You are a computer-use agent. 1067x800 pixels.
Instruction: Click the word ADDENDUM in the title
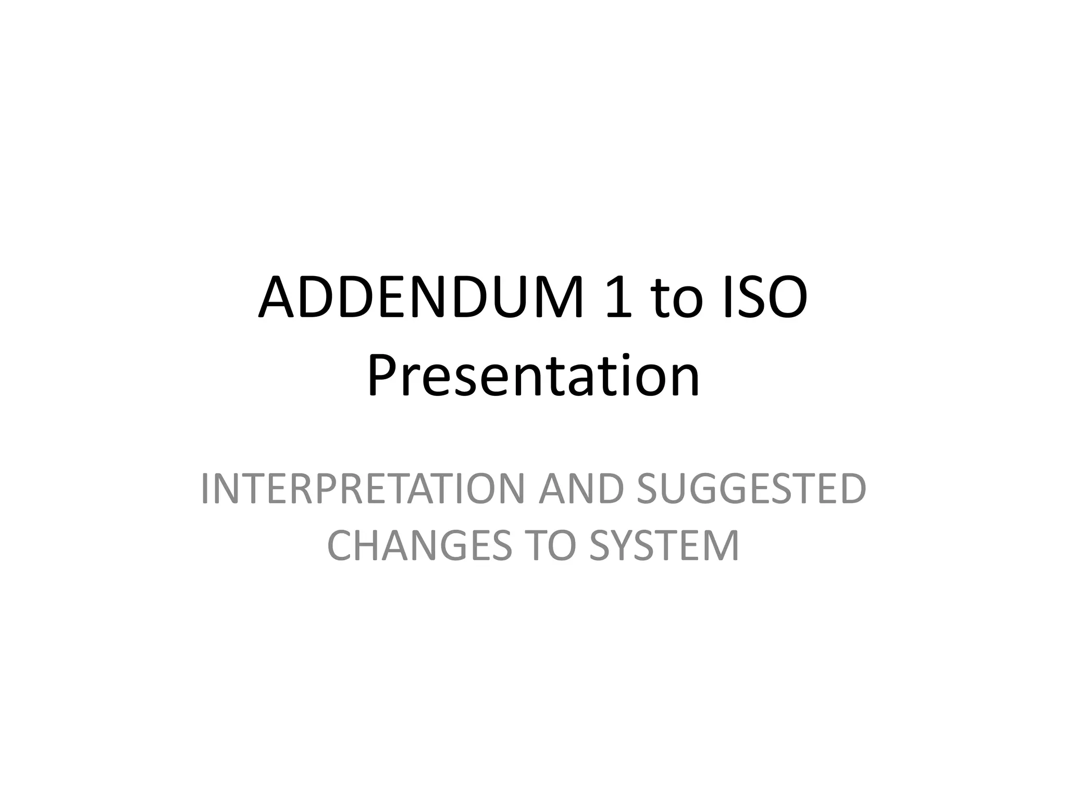click(x=421, y=299)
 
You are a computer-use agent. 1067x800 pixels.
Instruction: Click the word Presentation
click(x=533, y=376)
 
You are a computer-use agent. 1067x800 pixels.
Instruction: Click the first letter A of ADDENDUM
click(x=278, y=299)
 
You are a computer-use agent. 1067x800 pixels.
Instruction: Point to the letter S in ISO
click(x=747, y=299)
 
